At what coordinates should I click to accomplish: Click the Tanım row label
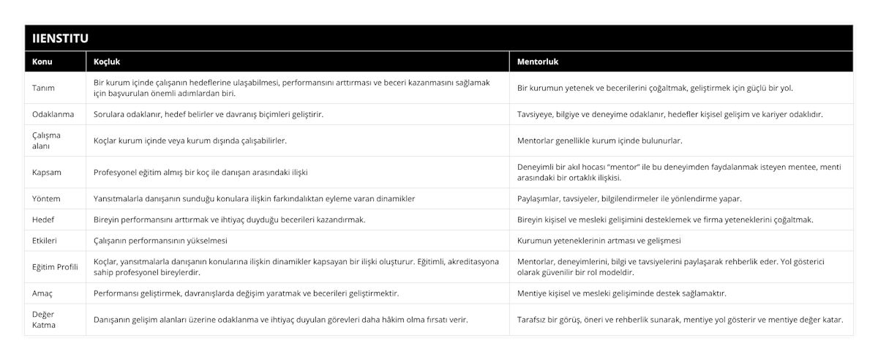44,88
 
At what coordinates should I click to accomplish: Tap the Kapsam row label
47,172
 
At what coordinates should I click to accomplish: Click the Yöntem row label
47,198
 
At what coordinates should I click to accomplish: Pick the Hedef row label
44,220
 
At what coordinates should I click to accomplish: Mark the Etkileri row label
46,240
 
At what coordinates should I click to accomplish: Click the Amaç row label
43,293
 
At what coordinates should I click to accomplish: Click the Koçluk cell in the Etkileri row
161,240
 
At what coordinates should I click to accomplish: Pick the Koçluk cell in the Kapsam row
200,172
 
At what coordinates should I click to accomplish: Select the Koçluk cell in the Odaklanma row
209,114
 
